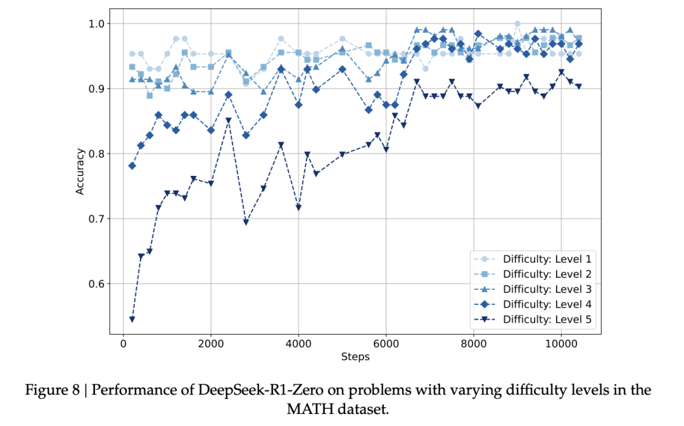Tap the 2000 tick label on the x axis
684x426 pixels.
[x=211, y=344]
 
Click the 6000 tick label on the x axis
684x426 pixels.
[x=386, y=344]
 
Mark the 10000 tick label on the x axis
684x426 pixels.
[x=561, y=344]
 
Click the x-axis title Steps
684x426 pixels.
[x=355, y=356]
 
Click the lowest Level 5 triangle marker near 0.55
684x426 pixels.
[x=132, y=319]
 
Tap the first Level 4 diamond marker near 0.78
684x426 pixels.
[x=132, y=166]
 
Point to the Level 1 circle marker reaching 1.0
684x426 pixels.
[x=517, y=24]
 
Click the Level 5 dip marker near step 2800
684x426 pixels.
[x=246, y=222]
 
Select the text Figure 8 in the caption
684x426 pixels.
[x=54, y=390]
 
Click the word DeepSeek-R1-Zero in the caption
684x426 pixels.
[x=234, y=390]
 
